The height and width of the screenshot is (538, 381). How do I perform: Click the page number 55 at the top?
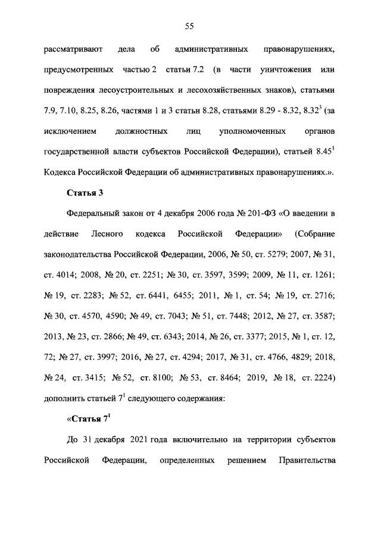[190, 25]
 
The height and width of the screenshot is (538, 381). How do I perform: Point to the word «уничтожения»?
[283, 70]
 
